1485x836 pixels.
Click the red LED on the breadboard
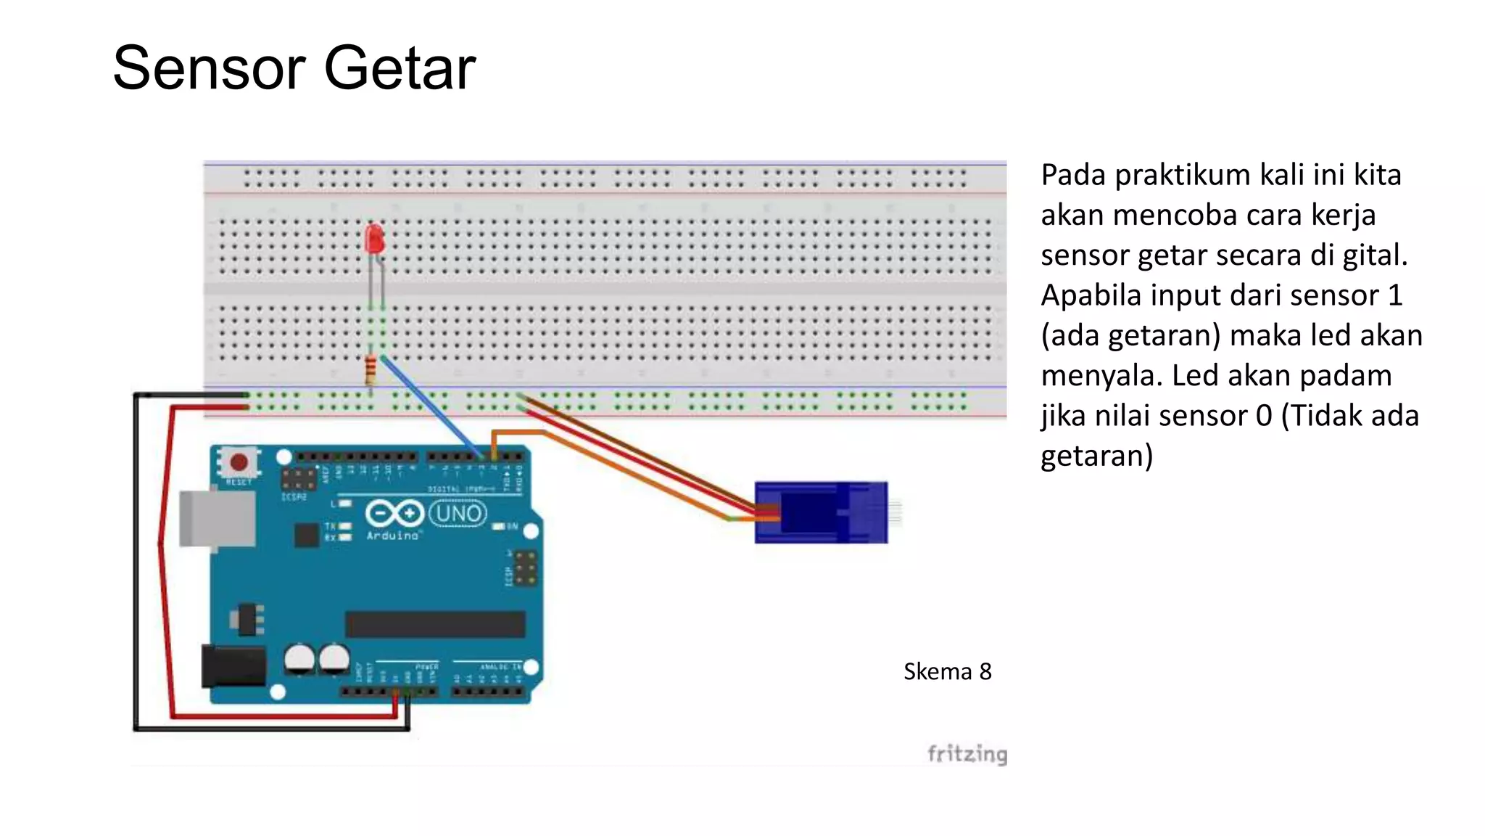[x=374, y=239]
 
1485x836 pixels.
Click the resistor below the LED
[x=371, y=370]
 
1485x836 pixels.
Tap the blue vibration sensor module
[x=821, y=512]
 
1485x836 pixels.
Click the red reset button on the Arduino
[x=239, y=462]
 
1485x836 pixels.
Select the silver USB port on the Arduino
[x=218, y=518]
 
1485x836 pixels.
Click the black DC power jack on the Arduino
[x=233, y=666]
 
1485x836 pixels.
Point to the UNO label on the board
[x=458, y=514]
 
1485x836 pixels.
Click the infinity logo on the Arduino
[x=394, y=514]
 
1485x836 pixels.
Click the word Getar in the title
[x=400, y=68]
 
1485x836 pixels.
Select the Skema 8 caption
[x=947, y=671]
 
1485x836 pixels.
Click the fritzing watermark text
[x=967, y=754]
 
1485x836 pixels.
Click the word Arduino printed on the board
[x=392, y=536]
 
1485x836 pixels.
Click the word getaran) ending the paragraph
[x=1096, y=456]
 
